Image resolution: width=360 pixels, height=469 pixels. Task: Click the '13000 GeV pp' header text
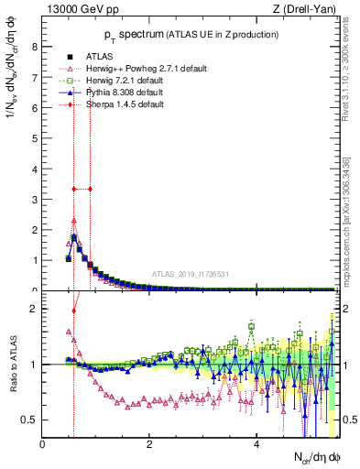[79, 9]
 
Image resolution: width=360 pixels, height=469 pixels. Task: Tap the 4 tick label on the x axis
[256, 445]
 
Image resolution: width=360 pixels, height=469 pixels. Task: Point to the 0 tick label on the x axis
[42, 445]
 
